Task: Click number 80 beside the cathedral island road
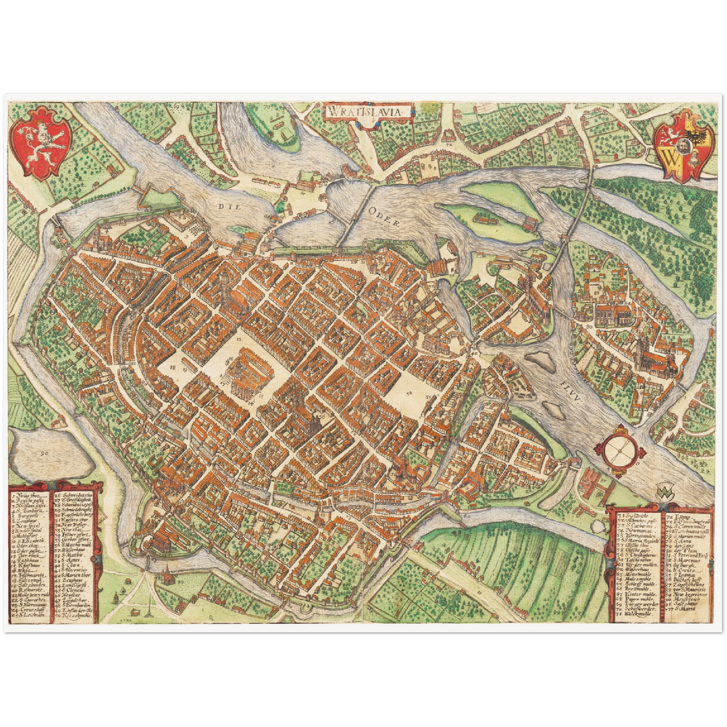pyautogui.click(x=589, y=327)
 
